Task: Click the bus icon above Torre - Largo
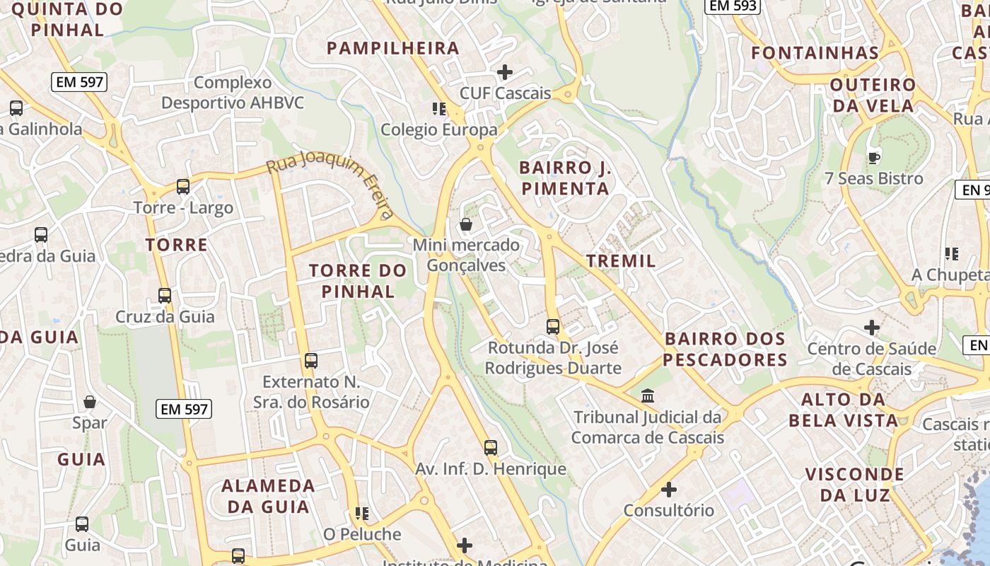pyautogui.click(x=183, y=187)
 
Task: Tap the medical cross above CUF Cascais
pyautogui.click(x=505, y=72)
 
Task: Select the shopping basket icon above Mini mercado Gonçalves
pyautogui.click(x=466, y=225)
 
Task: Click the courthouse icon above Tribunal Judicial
pyautogui.click(x=648, y=395)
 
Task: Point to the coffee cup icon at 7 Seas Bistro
pyautogui.click(x=874, y=157)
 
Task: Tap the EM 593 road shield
pyautogui.click(x=733, y=6)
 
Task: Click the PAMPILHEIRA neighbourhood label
pyautogui.click(x=393, y=48)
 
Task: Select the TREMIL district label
pyautogui.click(x=622, y=260)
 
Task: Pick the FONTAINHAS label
pyautogui.click(x=815, y=52)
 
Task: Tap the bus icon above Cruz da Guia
pyautogui.click(x=165, y=296)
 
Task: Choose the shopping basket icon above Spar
pyautogui.click(x=90, y=402)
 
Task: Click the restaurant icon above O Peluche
pyautogui.click(x=362, y=513)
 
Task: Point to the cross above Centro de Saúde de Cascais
pyautogui.click(x=872, y=328)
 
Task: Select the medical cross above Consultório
pyautogui.click(x=669, y=489)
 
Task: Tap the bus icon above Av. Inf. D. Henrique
pyautogui.click(x=491, y=448)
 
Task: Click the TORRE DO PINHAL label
pyautogui.click(x=358, y=281)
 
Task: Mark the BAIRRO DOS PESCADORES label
pyautogui.click(x=726, y=350)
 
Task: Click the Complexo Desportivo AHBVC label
pyautogui.click(x=233, y=93)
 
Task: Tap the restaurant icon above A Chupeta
pyautogui.click(x=952, y=253)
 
